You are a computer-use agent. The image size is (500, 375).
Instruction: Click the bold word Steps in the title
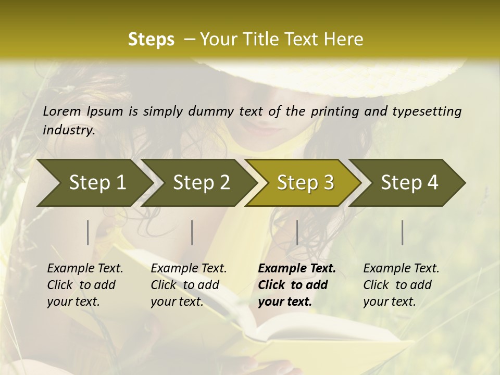(x=151, y=40)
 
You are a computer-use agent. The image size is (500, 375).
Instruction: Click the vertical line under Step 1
(x=88, y=232)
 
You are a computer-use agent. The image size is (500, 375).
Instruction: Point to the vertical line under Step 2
(x=192, y=232)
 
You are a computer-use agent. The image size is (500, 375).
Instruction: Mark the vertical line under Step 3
(x=297, y=232)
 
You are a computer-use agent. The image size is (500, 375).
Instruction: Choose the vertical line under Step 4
(x=403, y=232)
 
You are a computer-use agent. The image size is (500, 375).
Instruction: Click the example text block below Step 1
(x=85, y=285)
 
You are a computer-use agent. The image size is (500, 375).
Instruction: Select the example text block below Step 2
(x=189, y=285)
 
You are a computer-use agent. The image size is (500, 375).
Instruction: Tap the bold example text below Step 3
(x=297, y=285)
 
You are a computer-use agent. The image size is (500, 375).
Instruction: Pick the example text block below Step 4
(x=401, y=285)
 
